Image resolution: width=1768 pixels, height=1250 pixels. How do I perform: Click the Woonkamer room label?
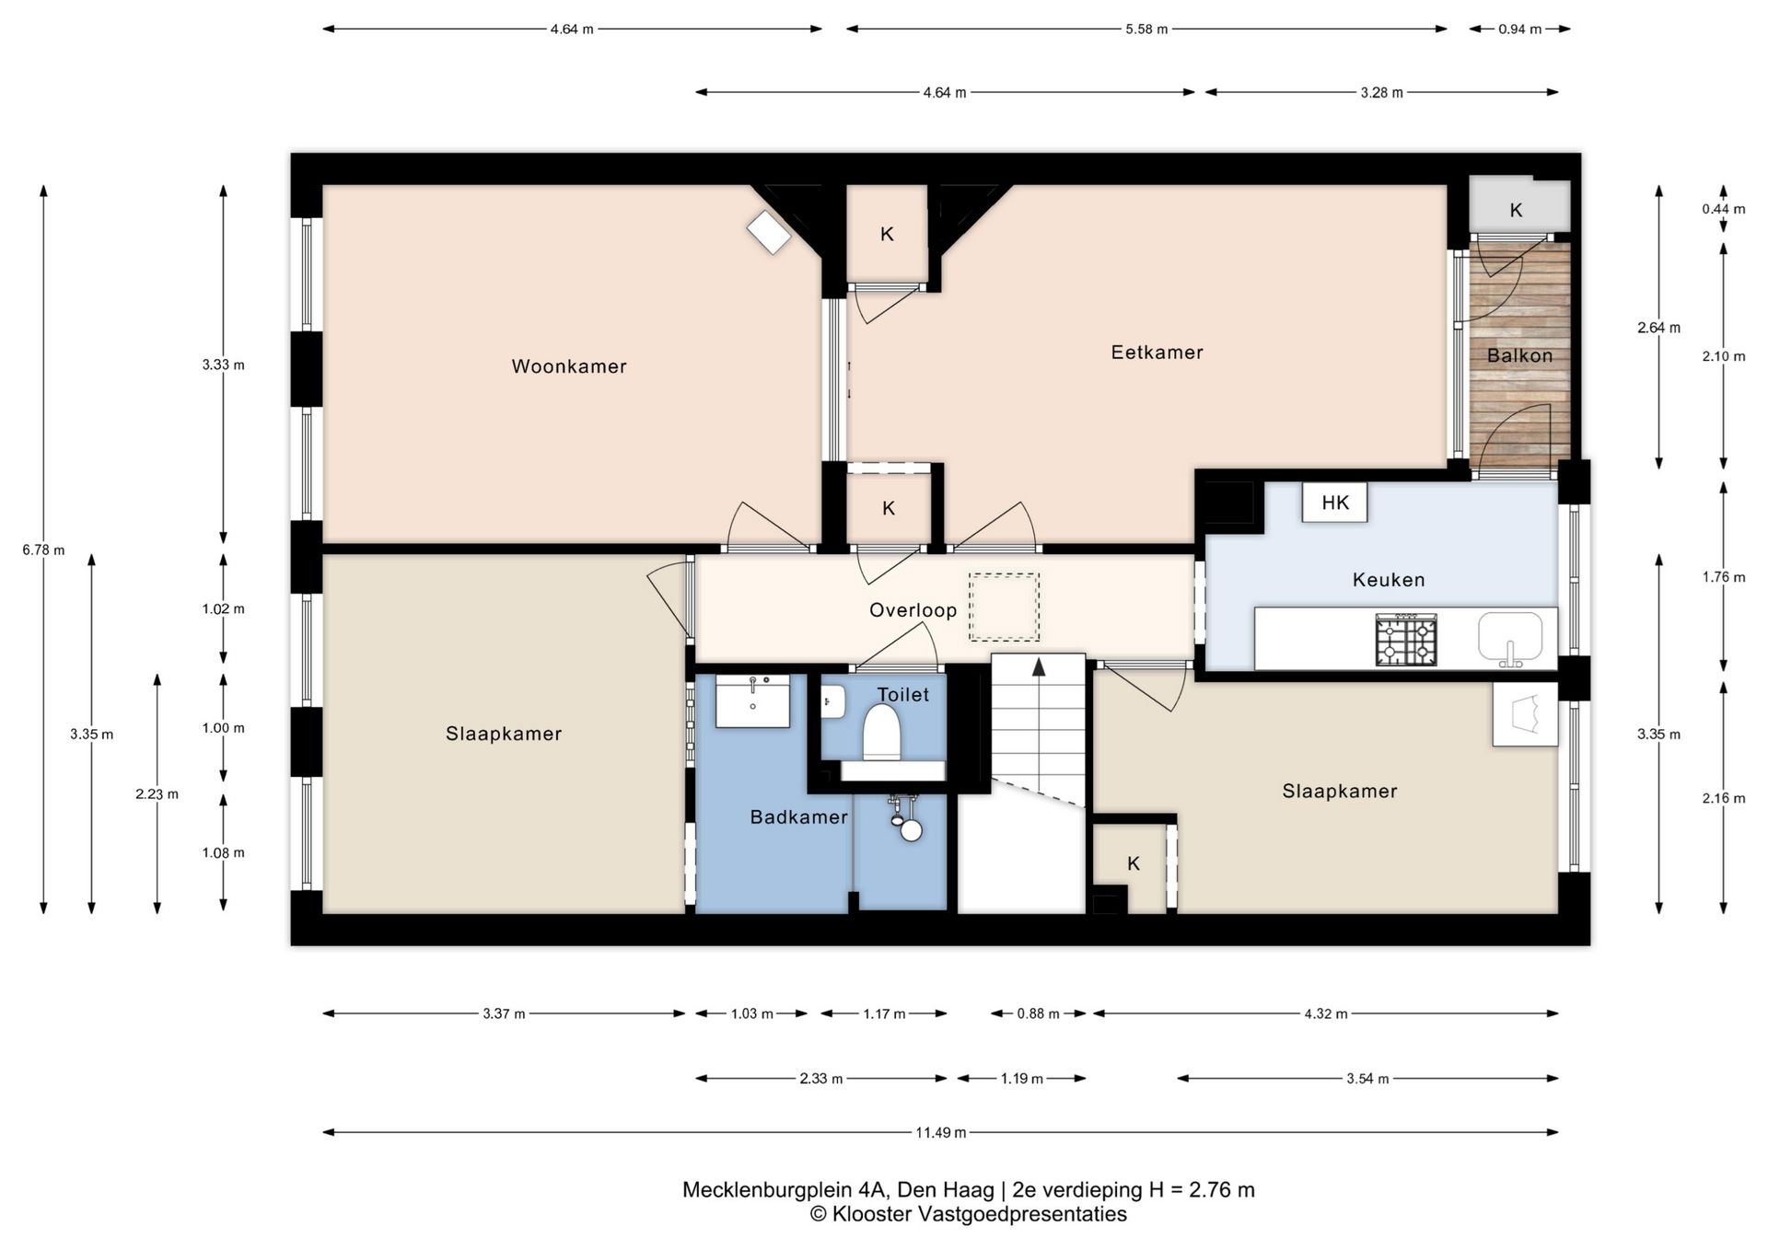(569, 366)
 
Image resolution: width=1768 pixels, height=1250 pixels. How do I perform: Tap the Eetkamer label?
(1157, 353)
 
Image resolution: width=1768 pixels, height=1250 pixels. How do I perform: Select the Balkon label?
(1519, 355)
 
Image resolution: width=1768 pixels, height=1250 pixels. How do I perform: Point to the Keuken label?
(1389, 580)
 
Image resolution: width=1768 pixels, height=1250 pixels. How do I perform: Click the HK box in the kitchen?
(1334, 503)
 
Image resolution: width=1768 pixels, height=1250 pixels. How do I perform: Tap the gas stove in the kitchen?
(1406, 641)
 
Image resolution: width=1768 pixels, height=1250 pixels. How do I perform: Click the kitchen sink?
(1510, 639)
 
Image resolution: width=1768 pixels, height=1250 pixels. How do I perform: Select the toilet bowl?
(881, 733)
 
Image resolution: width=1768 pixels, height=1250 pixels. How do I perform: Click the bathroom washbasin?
(752, 701)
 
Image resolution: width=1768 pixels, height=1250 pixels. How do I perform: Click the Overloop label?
(913, 610)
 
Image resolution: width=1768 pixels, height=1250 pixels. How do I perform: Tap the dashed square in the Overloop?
(1004, 608)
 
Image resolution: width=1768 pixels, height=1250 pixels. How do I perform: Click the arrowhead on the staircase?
(1039, 667)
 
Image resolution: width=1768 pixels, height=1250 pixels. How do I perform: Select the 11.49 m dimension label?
(940, 1132)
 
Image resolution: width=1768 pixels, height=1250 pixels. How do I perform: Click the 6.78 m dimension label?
(43, 550)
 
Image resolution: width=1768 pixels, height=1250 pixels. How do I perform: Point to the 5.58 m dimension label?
(1146, 29)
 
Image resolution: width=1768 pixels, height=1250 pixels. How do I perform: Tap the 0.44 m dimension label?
(1723, 209)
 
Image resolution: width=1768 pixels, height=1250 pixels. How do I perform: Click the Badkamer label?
(798, 817)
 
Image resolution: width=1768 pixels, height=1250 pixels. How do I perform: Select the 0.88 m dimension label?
(1038, 1014)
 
